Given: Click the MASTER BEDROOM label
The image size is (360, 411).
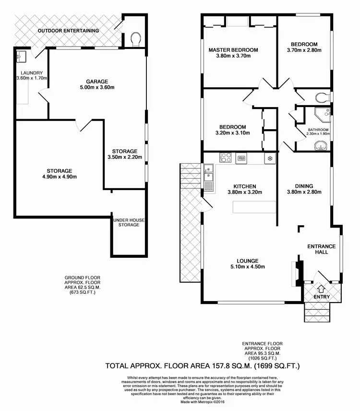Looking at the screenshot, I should (233, 49).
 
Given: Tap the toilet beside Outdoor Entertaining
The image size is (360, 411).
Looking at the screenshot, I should (136, 39).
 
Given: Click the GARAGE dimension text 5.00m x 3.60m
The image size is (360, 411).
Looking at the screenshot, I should (97, 87).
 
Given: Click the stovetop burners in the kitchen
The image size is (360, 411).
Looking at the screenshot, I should (226, 157).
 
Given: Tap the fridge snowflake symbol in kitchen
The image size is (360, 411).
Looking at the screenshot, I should (269, 158).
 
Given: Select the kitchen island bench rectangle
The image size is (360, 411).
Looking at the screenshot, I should (254, 207).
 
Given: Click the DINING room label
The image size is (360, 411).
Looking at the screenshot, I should (304, 186).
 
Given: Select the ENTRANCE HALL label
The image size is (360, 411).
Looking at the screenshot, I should (321, 249).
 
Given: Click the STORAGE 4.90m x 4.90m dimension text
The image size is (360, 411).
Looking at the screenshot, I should (59, 177).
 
